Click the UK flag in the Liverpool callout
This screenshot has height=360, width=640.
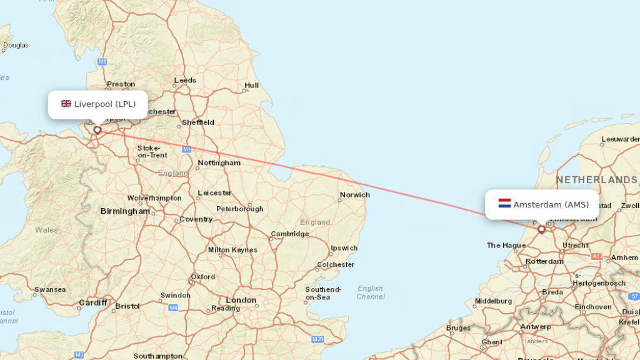click(66, 104)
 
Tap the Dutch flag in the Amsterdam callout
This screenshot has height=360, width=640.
click(504, 204)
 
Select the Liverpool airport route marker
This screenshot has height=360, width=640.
click(97, 130)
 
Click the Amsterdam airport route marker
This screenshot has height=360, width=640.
click(541, 229)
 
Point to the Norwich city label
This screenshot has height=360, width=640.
click(354, 195)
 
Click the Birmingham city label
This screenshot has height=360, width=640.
click(125, 211)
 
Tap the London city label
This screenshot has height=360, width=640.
click(241, 300)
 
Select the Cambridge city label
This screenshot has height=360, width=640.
click(289, 234)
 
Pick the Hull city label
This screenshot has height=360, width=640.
click(251, 86)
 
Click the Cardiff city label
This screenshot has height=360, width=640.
click(93, 303)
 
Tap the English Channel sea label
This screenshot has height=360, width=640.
click(371, 292)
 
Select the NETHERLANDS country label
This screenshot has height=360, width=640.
click(596, 180)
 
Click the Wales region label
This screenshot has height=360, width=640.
click(46, 229)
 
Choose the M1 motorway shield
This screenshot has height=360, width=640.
click(187, 149)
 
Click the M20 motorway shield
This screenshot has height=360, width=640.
click(318, 339)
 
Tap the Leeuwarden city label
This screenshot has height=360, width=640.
click(620, 139)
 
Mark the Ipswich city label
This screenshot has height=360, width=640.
click(344, 248)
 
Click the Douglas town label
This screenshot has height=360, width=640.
click(16, 45)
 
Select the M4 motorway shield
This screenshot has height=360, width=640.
click(173, 308)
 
